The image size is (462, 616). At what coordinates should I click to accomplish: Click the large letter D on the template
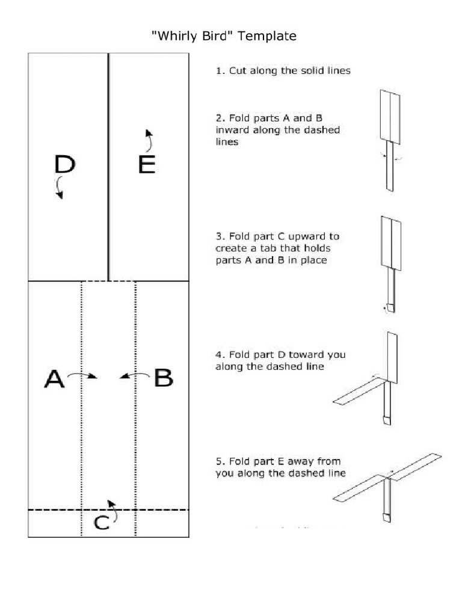click(x=65, y=164)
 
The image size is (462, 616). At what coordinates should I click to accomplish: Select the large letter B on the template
click(x=164, y=378)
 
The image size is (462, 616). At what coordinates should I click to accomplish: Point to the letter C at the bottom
click(x=102, y=523)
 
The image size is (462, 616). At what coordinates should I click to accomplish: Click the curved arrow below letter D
click(x=59, y=187)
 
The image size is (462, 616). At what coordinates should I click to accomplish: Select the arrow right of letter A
click(x=82, y=375)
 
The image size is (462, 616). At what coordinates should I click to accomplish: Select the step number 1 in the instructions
click(x=219, y=70)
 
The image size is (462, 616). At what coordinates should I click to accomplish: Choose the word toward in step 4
click(x=309, y=355)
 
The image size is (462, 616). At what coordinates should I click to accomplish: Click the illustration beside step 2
click(x=389, y=140)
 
